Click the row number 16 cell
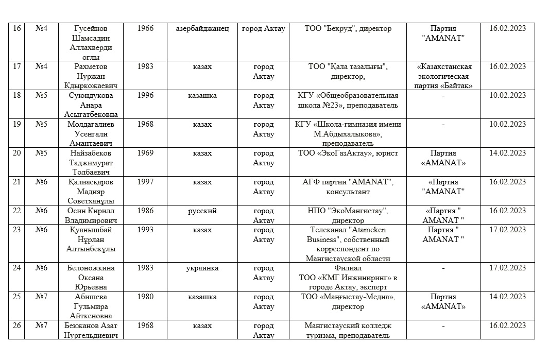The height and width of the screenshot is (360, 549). tap(16, 29)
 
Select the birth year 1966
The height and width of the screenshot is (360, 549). tap(145, 29)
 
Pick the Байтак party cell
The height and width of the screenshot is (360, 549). tap(443, 76)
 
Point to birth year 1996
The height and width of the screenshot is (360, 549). tap(145, 95)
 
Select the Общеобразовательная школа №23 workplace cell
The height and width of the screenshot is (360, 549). tap(348, 100)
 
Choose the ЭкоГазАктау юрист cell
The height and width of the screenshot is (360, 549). tap(348, 153)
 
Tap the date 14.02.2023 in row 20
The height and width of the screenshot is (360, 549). tap(507, 153)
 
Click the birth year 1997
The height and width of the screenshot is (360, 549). tap(145, 182)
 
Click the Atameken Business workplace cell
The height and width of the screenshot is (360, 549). tap(348, 244)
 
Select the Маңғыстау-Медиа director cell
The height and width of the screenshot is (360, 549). tap(348, 302)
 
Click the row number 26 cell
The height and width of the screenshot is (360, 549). tap(16, 326)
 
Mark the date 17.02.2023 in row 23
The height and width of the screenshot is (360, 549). tap(507, 230)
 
